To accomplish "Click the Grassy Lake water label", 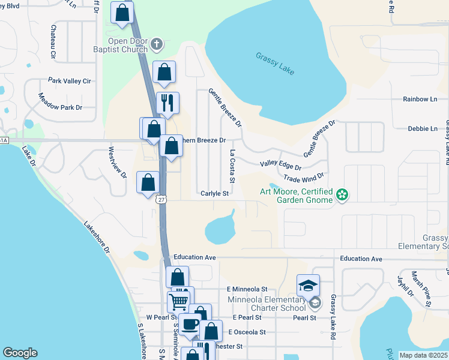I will pos(275,63).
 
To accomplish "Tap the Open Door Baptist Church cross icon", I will pos(157,43).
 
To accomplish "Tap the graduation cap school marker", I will pos(308,285).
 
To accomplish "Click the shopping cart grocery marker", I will pos(178,300).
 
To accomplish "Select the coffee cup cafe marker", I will pos(190,325).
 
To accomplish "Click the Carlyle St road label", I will pos(215,194).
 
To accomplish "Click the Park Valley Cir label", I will pos(69,80).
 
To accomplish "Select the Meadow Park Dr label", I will pos(59,101).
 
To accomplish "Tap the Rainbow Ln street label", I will pos(420,99).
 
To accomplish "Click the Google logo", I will pos(20,353).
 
